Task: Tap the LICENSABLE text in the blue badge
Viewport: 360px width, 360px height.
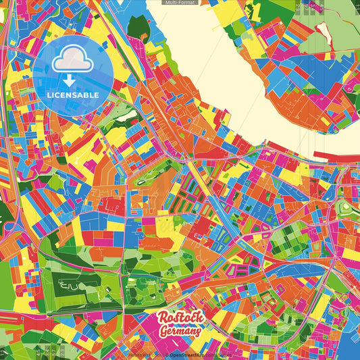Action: pos(72,95)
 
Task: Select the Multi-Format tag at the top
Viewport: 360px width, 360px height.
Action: pos(180,3)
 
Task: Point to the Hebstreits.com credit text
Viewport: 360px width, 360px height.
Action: pos(144,355)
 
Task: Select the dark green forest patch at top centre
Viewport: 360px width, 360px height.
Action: pos(140,26)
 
